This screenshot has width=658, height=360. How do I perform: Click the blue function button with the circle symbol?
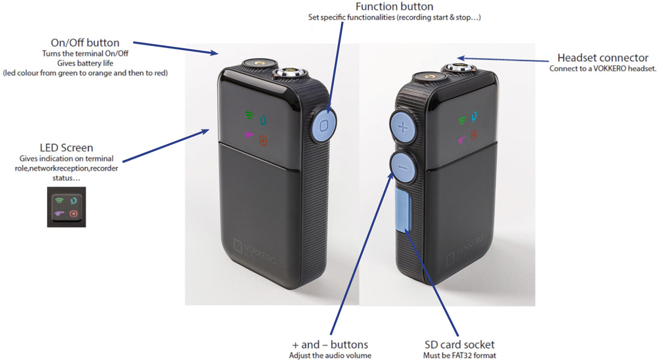tap(324, 125)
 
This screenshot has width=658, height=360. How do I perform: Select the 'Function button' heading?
tap(394, 7)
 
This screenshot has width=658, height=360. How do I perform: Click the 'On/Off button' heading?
tap(85, 43)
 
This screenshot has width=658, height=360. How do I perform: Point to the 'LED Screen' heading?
tap(66, 148)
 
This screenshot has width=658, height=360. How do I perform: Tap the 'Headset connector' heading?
tap(602, 58)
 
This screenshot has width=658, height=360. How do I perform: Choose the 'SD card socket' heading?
tap(459, 344)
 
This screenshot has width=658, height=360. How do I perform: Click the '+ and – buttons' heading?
tap(330, 344)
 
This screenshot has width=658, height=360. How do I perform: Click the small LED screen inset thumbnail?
tap(66, 207)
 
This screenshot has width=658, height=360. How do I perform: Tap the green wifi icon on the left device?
tap(249, 115)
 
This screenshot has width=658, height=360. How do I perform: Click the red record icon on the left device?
tap(263, 141)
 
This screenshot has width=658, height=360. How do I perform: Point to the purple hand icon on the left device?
tap(249, 135)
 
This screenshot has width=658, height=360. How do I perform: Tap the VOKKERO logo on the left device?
tap(255, 250)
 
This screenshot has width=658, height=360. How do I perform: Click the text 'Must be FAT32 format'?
tap(459, 355)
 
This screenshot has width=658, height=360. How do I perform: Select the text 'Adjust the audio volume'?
tap(330, 355)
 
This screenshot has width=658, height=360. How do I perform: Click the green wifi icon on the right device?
tap(462, 120)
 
